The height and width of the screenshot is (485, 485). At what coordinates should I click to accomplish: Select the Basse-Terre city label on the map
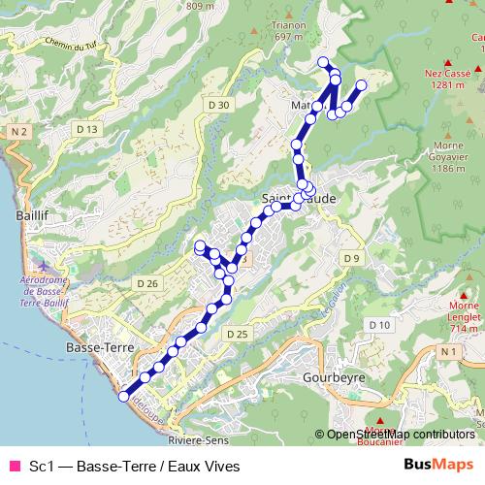click(91, 346)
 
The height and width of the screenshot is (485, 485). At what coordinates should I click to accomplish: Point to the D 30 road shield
click(218, 104)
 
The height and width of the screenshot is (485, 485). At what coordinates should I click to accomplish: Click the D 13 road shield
click(87, 129)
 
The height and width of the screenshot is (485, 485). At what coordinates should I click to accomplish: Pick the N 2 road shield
click(16, 130)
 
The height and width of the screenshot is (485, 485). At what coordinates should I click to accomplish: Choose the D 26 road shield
click(147, 282)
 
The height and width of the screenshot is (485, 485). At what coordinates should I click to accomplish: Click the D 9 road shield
click(351, 257)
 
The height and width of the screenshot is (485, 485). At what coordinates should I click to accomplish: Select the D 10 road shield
click(378, 324)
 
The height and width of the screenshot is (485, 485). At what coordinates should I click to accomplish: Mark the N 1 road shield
click(447, 350)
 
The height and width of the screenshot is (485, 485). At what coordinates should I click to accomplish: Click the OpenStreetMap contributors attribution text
click(400, 434)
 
